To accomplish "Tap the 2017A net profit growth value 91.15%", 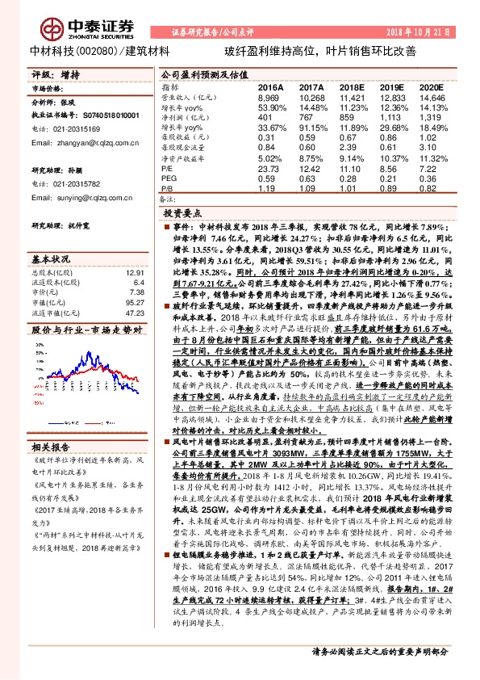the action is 311,127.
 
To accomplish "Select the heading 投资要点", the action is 182,214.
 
